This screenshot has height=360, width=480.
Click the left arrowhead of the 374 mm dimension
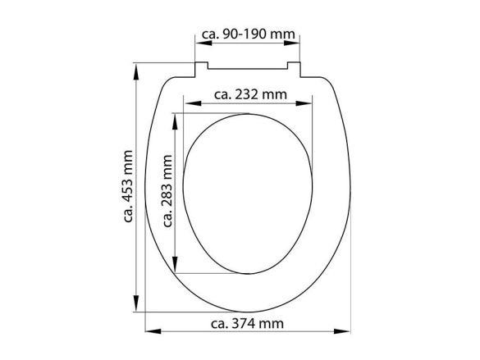[149, 331]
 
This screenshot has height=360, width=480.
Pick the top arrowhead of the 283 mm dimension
[176, 117]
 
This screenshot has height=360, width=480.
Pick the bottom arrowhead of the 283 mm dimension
[176, 270]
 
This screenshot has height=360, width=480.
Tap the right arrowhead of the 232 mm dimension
[311, 103]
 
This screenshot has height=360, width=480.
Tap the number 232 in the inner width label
[250, 94]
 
